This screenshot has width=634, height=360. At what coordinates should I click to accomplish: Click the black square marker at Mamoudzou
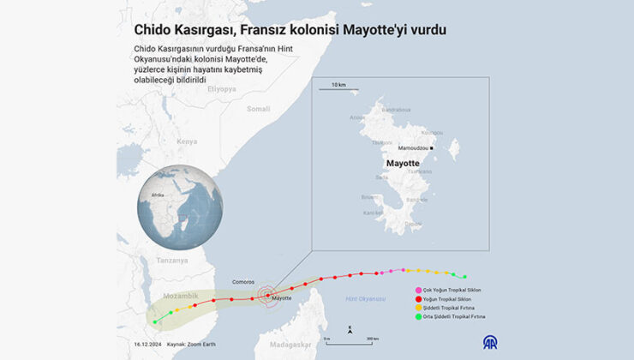pos(432,147)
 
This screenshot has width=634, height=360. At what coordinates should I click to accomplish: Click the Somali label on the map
pos(258,109)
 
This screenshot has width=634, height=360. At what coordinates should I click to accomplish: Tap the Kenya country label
pos(186,141)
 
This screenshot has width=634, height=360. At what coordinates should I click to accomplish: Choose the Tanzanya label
pos(172,260)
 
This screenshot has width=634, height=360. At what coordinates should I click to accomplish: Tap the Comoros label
pos(244,281)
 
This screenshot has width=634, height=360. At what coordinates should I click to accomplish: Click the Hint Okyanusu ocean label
pos(366,299)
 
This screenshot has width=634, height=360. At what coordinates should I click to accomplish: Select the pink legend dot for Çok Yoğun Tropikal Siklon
pos(419,290)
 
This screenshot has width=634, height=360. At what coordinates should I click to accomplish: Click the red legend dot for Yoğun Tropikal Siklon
pos(419,298)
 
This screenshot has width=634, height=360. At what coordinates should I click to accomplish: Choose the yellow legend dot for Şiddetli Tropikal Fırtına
pos(419,307)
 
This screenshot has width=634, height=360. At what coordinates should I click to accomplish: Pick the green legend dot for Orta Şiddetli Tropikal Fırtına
pos(419,316)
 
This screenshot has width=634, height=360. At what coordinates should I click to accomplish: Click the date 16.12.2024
pos(149,343)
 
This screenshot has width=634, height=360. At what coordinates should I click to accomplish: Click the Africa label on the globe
pos(158,195)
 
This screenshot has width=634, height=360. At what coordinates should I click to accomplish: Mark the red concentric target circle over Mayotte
pos(267,295)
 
